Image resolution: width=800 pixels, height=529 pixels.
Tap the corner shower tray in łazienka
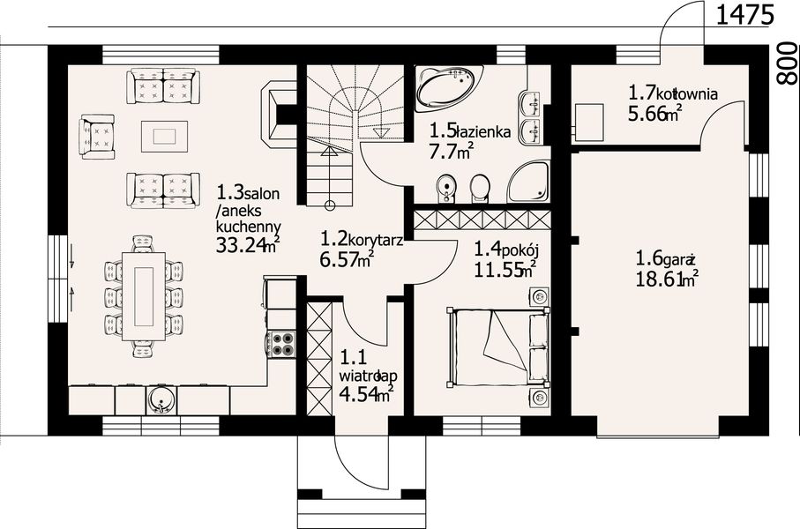528,182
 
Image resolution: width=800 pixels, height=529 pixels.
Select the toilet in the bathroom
480,189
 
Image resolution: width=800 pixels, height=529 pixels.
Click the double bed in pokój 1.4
498,346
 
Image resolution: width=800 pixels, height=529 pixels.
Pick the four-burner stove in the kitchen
281,344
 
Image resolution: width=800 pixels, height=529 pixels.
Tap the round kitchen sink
161,400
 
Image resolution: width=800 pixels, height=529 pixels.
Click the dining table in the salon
144,296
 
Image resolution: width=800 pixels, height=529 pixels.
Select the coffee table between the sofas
164,136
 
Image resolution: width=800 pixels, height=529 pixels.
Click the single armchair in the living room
97,136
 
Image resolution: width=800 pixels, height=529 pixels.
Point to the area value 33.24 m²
248,244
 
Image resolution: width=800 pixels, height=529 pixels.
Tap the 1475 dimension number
745,15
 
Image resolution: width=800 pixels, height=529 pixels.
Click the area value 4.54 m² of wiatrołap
365,394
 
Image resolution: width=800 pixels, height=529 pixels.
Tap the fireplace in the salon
279,115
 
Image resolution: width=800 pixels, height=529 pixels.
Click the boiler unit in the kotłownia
588,122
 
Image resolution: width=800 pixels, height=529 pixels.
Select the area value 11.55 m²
505,268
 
